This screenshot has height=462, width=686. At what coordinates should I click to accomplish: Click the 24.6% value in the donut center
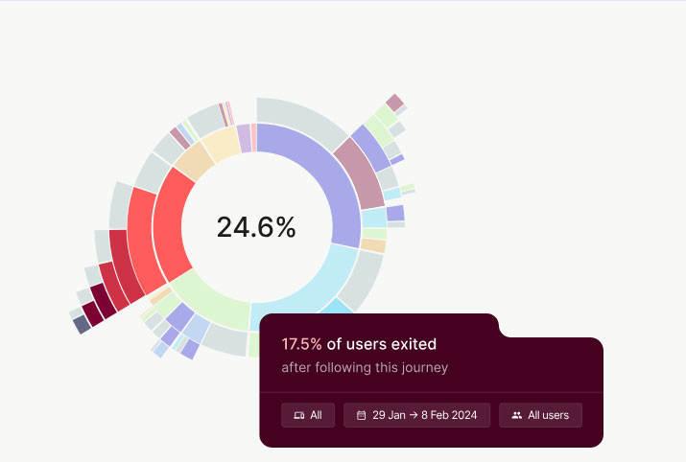(x=256, y=227)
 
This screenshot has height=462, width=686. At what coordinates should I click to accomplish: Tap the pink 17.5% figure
(x=301, y=344)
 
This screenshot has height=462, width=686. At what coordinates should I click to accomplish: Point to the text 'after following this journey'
(x=365, y=367)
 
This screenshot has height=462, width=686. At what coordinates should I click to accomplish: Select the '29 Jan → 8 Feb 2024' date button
(x=417, y=415)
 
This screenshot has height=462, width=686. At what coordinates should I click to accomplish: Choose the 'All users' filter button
(x=540, y=415)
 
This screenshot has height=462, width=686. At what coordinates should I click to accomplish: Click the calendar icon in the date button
(x=361, y=415)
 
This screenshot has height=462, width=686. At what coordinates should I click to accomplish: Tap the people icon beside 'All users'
(x=517, y=415)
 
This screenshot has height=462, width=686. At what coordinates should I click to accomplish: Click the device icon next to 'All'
(x=298, y=415)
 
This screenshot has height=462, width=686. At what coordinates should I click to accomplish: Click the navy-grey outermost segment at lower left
(x=82, y=324)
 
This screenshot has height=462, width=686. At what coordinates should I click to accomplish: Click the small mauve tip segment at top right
(x=394, y=103)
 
